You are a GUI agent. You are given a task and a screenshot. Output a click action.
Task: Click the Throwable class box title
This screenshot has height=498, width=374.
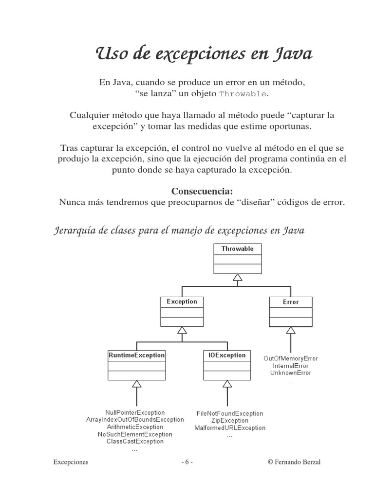pos(237,249)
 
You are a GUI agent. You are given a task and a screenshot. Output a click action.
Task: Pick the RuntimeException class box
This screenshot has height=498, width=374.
pos(136,365)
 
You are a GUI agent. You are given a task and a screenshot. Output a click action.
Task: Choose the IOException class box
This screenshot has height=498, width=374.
pos(227,365)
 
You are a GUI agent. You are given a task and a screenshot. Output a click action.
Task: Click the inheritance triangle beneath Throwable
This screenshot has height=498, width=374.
pos(237,278)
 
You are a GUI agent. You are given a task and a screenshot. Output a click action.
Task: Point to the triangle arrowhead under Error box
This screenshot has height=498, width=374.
pos(291,331)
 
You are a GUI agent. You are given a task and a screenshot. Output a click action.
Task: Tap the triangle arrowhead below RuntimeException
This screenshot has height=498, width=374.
pos(136,384)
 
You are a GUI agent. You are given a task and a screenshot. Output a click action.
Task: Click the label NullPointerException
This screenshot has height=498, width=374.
pos(135,413)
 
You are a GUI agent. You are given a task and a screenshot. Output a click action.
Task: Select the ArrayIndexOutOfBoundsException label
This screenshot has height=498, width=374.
pos(135,420)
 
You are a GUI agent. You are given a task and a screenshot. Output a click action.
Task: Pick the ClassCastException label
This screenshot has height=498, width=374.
pos(135,442)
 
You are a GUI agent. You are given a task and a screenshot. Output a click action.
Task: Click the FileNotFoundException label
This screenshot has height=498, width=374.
pos(230,413)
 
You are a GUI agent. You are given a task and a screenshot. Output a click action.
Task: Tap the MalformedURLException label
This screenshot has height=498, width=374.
pos(230,428)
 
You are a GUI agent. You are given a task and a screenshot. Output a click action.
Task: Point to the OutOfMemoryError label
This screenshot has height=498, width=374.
pos(291,358)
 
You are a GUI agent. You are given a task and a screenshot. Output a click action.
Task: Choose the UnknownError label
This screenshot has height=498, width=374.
pos(291,373)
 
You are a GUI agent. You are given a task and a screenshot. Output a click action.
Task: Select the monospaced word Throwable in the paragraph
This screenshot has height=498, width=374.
pos(243,94)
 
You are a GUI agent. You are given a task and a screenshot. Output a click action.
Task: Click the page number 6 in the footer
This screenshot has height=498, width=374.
pos(187,462)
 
